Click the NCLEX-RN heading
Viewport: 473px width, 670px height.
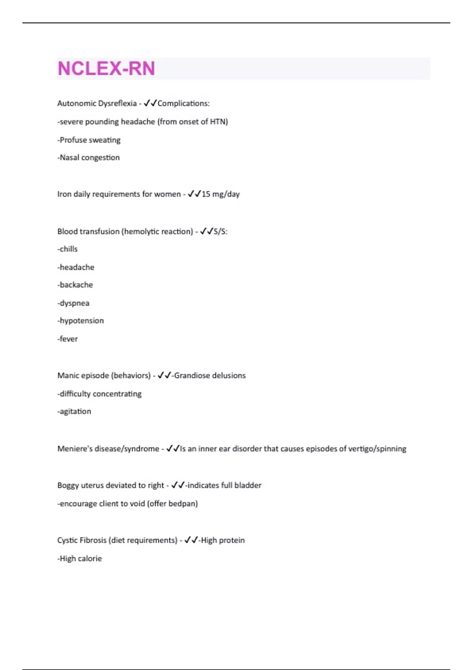point(106,69)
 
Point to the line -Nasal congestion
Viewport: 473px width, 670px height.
point(88,158)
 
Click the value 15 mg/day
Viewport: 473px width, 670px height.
point(220,194)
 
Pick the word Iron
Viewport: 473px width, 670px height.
point(64,194)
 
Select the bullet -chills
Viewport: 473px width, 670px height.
point(67,249)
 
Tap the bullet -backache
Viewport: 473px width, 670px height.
point(75,285)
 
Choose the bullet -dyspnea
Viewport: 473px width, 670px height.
point(73,303)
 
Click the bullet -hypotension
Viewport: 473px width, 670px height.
point(80,320)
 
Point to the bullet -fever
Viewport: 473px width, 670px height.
point(67,339)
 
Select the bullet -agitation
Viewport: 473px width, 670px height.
point(74,411)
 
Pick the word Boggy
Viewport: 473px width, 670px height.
point(68,485)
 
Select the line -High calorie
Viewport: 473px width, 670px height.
point(80,558)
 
